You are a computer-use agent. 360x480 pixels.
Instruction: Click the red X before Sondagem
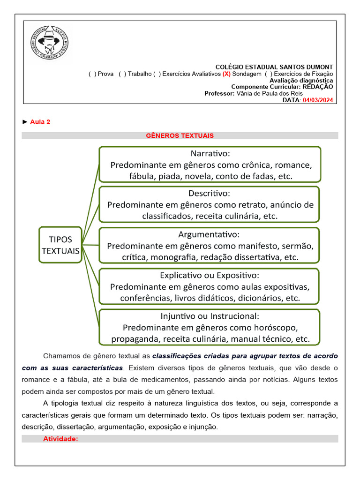pyautogui.click(x=226, y=74)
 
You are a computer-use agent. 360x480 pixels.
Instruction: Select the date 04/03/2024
pyautogui.click(x=318, y=100)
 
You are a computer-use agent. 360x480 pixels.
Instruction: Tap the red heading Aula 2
pyautogui.click(x=40, y=122)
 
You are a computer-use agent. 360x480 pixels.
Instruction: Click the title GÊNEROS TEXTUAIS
pyautogui.click(x=180, y=135)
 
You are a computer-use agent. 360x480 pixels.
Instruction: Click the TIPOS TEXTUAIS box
pyautogui.click(x=60, y=245)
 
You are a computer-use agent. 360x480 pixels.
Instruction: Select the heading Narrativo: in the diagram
pyautogui.click(x=210, y=153)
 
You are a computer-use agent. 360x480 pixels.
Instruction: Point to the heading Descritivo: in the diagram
pyautogui.click(x=210, y=193)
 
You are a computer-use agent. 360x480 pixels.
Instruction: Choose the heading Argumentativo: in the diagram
pyautogui.click(x=209, y=233)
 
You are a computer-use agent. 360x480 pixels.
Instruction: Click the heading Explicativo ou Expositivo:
pyautogui.click(x=209, y=275)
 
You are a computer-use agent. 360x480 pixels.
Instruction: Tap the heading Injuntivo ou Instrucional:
pyautogui.click(x=210, y=315)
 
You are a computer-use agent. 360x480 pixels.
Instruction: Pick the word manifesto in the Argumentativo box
pyautogui.click(x=259, y=246)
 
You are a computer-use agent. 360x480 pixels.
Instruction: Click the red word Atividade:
pyautogui.click(x=60, y=439)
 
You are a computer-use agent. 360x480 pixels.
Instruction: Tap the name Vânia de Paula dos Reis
pyautogui.click(x=269, y=93)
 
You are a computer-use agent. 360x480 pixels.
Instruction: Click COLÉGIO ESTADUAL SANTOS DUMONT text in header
pyautogui.click(x=274, y=67)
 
